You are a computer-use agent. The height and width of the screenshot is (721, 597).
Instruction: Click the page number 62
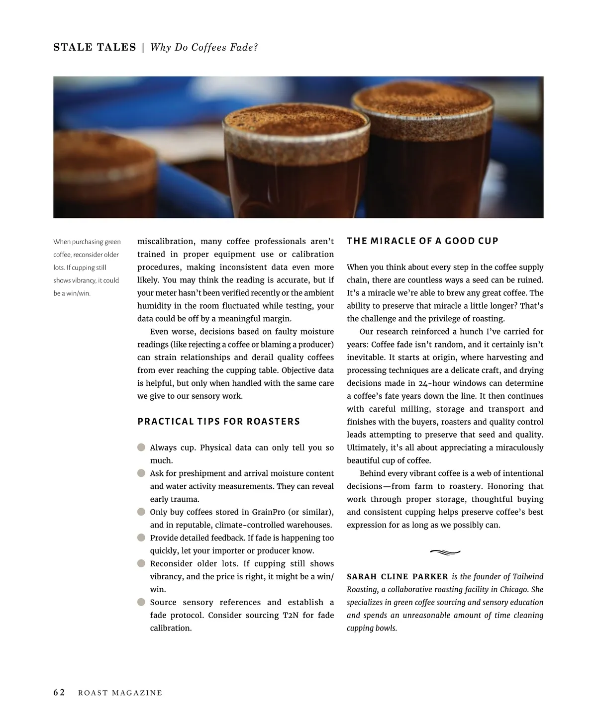click(59, 693)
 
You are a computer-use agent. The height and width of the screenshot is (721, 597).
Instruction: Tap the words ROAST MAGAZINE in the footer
click(120, 693)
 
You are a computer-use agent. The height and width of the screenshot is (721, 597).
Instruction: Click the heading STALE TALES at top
click(95, 47)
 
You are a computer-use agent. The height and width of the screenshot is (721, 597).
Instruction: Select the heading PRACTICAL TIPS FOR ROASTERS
click(219, 422)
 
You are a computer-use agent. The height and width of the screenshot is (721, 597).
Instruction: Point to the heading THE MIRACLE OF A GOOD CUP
click(422, 241)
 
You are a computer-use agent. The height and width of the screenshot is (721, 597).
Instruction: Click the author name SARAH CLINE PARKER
click(397, 577)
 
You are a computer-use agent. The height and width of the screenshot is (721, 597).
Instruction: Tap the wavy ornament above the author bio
click(445, 551)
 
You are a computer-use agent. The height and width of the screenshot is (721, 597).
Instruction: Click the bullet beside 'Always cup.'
click(141, 448)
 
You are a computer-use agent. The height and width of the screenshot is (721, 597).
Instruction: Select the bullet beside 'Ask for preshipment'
click(141, 473)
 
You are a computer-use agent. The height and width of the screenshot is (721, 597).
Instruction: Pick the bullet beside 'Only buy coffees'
click(141, 512)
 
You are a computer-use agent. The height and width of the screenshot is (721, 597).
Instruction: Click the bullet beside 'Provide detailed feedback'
click(141, 538)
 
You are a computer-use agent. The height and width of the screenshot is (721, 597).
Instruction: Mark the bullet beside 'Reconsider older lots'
click(141, 564)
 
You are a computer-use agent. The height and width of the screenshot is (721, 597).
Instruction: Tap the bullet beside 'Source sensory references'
click(141, 603)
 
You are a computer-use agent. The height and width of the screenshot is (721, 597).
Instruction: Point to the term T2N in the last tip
click(291, 616)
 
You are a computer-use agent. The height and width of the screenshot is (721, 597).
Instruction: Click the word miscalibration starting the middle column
click(166, 242)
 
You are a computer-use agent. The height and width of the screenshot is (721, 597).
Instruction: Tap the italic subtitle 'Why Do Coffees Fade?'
click(204, 47)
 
